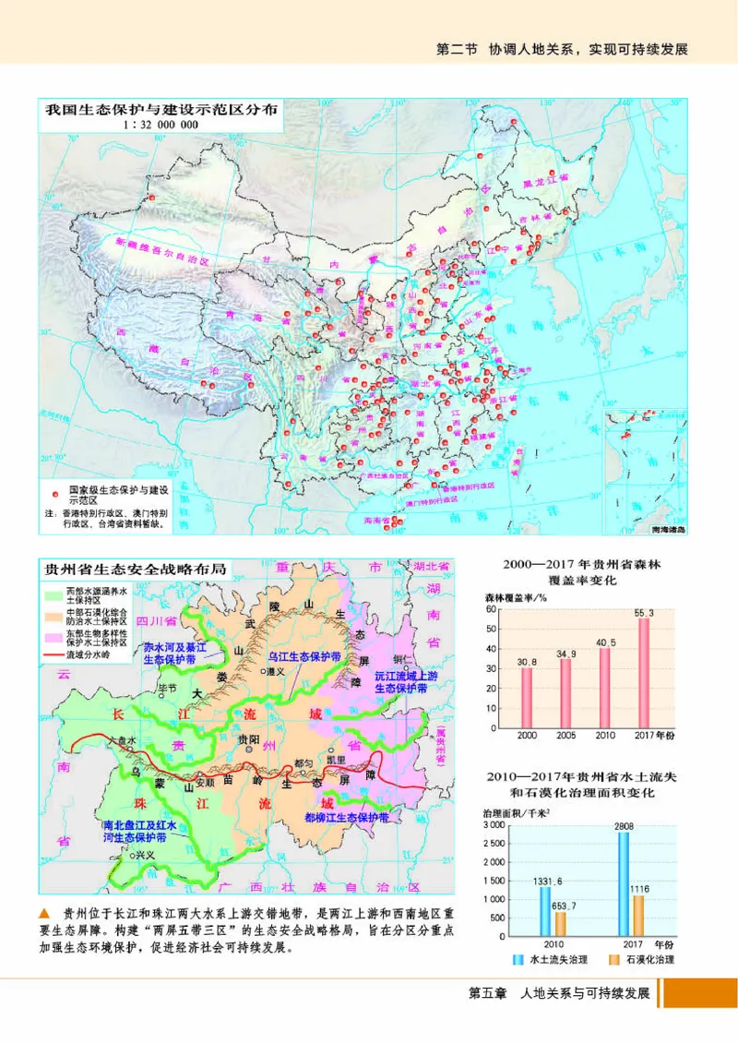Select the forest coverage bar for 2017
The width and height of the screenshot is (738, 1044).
coord(644,672)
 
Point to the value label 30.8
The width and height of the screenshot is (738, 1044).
coord(527,662)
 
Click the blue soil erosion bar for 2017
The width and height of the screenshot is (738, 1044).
coord(625,886)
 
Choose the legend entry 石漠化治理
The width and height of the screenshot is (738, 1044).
coord(649,960)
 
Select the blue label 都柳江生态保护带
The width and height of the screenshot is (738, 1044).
coord(346,817)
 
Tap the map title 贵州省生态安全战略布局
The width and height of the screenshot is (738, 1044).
coord(136,567)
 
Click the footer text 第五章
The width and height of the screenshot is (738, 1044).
coord(489,994)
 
